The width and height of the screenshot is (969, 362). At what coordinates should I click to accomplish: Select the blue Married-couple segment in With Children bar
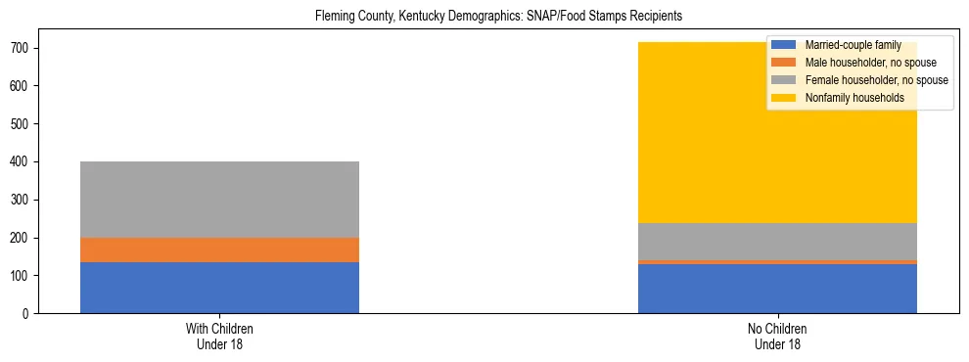tap(219, 288)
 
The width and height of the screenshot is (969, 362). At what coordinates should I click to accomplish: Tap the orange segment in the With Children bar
tap(219, 249)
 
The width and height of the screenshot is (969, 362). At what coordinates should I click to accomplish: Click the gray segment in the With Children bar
tap(219, 200)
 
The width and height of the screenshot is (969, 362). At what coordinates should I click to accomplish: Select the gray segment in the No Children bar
tap(777, 242)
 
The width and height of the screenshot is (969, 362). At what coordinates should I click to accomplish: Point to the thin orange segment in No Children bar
tap(777, 262)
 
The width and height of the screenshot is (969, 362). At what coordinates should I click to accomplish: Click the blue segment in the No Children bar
tap(777, 289)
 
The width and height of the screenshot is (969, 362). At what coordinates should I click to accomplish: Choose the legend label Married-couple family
tap(853, 45)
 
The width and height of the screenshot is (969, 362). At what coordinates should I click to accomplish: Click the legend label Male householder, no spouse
tap(870, 63)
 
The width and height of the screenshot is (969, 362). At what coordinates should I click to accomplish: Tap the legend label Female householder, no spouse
tap(876, 80)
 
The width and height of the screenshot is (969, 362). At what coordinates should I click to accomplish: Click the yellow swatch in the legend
tap(784, 98)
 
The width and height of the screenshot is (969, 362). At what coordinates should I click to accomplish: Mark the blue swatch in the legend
tap(784, 45)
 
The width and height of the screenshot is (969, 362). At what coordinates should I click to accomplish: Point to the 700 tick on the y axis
tap(27, 48)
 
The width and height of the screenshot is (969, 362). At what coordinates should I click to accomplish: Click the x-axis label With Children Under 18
tap(219, 337)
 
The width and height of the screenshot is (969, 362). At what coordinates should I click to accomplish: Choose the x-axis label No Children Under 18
tap(777, 337)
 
